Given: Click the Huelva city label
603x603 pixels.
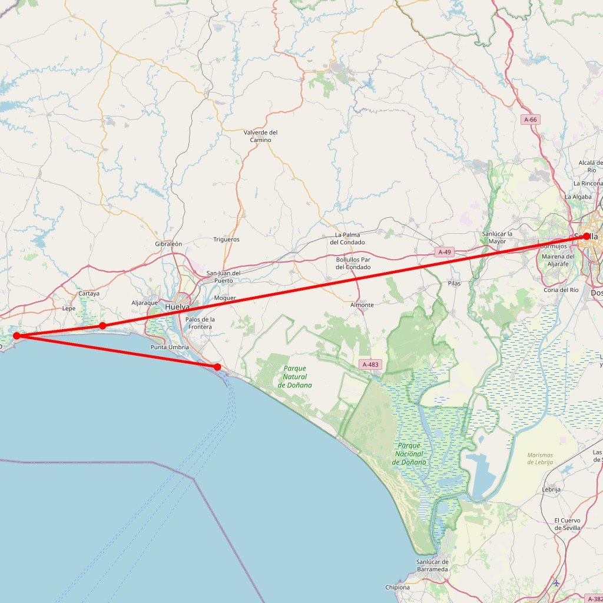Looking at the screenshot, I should [177, 307].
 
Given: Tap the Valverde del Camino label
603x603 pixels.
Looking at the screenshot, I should [260, 136].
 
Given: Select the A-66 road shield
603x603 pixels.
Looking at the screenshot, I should [531, 120].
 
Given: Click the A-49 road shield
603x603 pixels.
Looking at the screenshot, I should [445, 252].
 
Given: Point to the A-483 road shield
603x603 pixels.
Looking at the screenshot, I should [370, 365].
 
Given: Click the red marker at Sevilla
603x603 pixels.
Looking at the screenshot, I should [586, 236].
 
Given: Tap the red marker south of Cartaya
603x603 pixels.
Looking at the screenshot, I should [102, 326].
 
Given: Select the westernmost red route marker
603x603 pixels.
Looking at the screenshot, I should [16, 336].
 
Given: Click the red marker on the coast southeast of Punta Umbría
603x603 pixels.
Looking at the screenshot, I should [217, 367].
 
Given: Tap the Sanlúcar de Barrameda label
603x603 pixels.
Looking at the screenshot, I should [432, 566].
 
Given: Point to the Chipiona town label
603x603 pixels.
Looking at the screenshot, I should [397, 587].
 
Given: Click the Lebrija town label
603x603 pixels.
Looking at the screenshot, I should [551, 489].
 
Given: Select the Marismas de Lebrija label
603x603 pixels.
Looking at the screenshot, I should [541, 459].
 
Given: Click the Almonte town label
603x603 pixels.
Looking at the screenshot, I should [362, 304].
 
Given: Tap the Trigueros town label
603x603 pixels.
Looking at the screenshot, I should [226, 240].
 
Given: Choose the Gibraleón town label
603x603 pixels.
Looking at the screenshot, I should [168, 244].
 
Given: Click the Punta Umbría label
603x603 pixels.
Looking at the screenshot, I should [170, 347].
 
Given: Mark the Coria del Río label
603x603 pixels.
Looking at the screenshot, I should [561, 290].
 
